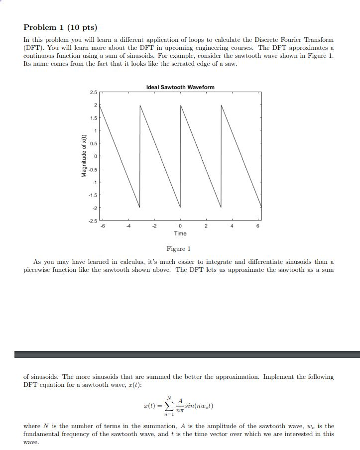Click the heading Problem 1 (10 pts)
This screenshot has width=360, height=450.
click(x=60, y=27)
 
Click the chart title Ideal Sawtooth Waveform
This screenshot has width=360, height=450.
click(x=180, y=87)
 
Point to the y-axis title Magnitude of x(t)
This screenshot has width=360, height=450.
click(x=84, y=156)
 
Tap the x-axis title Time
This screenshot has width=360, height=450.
click(x=180, y=233)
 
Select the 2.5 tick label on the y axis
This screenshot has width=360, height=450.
click(x=94, y=93)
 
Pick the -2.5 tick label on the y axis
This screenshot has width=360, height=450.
click(x=93, y=221)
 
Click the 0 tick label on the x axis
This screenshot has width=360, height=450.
click(x=180, y=226)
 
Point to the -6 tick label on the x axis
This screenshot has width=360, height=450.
click(x=103, y=226)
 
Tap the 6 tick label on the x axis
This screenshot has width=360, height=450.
click(x=258, y=226)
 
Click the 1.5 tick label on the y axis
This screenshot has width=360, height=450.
click(x=94, y=118)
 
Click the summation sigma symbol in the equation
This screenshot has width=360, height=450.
click(x=170, y=406)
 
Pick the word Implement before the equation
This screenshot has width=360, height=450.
click(x=278, y=377)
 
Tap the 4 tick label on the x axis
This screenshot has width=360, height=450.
click(x=232, y=226)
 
